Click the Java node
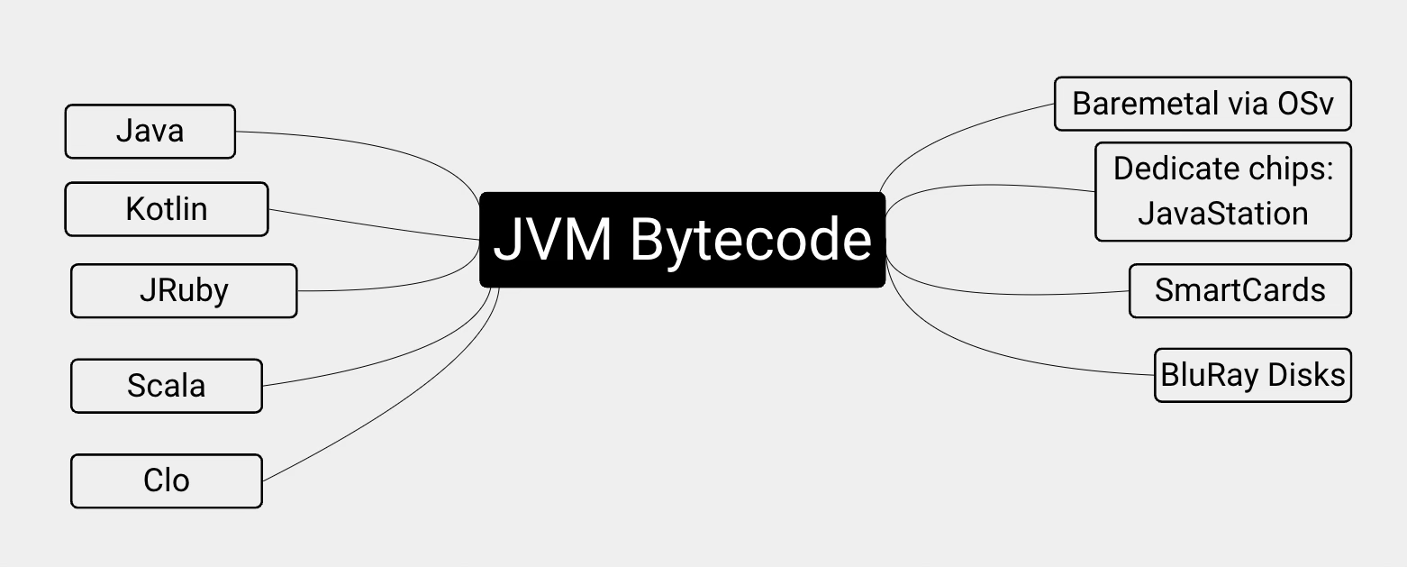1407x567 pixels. [150, 132]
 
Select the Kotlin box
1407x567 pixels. [166, 209]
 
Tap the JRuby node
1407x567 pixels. [184, 291]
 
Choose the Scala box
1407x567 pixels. [167, 386]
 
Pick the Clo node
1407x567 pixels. [167, 480]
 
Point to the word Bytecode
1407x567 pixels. [750, 240]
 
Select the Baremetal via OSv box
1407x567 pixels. [1203, 104]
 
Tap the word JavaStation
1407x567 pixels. [1222, 215]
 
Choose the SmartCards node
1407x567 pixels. [1239, 291]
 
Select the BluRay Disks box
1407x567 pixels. [1252, 375]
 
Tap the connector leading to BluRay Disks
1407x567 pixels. [1009, 359]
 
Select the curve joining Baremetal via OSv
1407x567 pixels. [955, 131]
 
